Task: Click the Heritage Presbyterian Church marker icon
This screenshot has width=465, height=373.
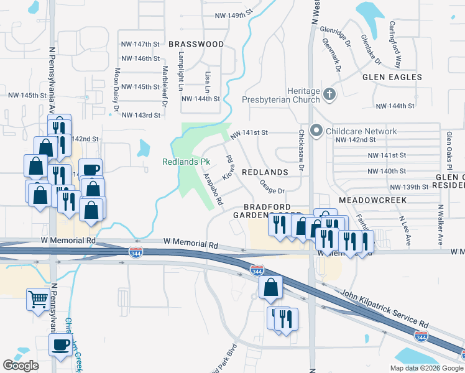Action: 329,94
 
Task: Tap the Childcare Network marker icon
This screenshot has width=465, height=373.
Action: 316,131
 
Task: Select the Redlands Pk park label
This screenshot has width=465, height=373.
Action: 186,162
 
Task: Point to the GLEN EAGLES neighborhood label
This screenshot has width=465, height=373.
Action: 392,78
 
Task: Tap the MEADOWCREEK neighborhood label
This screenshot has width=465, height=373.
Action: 373,200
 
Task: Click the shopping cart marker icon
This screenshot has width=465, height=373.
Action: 38,299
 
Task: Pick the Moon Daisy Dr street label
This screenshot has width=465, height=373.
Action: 116,91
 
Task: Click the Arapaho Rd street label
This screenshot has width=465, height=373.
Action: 213,189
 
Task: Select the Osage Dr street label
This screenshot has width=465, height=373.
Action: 272,186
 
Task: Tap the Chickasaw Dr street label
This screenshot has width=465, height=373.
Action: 300,150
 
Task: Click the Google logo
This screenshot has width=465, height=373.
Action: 21,366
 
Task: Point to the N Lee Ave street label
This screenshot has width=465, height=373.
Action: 405,229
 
